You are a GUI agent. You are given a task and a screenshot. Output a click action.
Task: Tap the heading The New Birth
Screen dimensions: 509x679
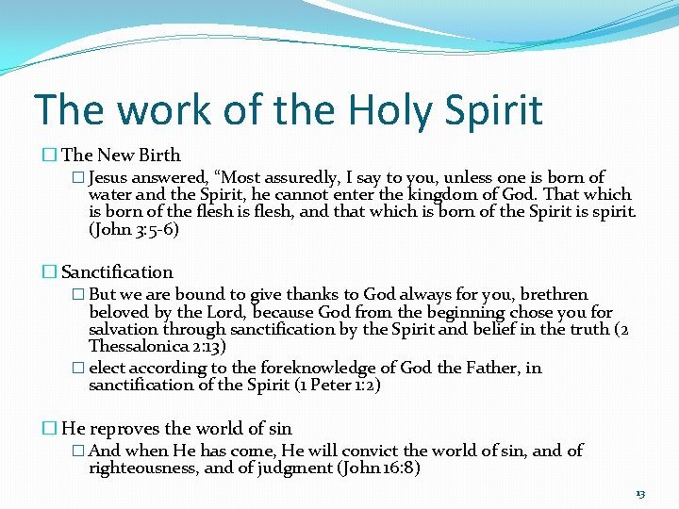(121, 155)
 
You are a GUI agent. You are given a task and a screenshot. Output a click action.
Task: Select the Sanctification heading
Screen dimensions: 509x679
(117, 271)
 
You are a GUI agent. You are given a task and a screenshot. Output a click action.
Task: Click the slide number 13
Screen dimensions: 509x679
(640, 493)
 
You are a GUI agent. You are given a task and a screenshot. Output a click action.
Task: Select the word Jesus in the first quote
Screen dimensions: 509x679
(111, 177)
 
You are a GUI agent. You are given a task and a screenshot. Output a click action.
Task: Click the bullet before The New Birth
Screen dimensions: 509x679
(49, 156)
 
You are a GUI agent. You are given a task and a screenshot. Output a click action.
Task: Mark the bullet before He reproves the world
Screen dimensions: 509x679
(49, 429)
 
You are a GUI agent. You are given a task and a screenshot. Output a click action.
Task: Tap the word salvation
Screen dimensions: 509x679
(124, 329)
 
